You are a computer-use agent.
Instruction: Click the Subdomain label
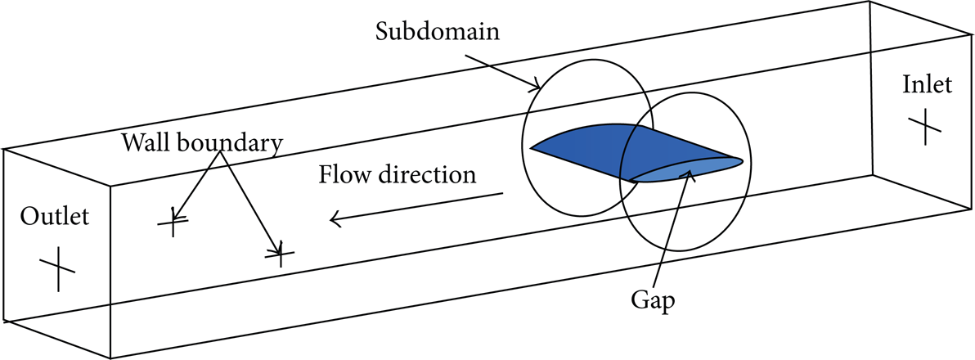click(x=438, y=32)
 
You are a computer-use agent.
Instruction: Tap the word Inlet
click(x=927, y=84)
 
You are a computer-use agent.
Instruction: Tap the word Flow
click(x=342, y=174)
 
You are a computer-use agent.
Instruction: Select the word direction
click(x=424, y=174)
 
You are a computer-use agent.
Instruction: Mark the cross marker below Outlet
click(x=58, y=268)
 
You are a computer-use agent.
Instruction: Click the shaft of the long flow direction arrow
click(x=416, y=206)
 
